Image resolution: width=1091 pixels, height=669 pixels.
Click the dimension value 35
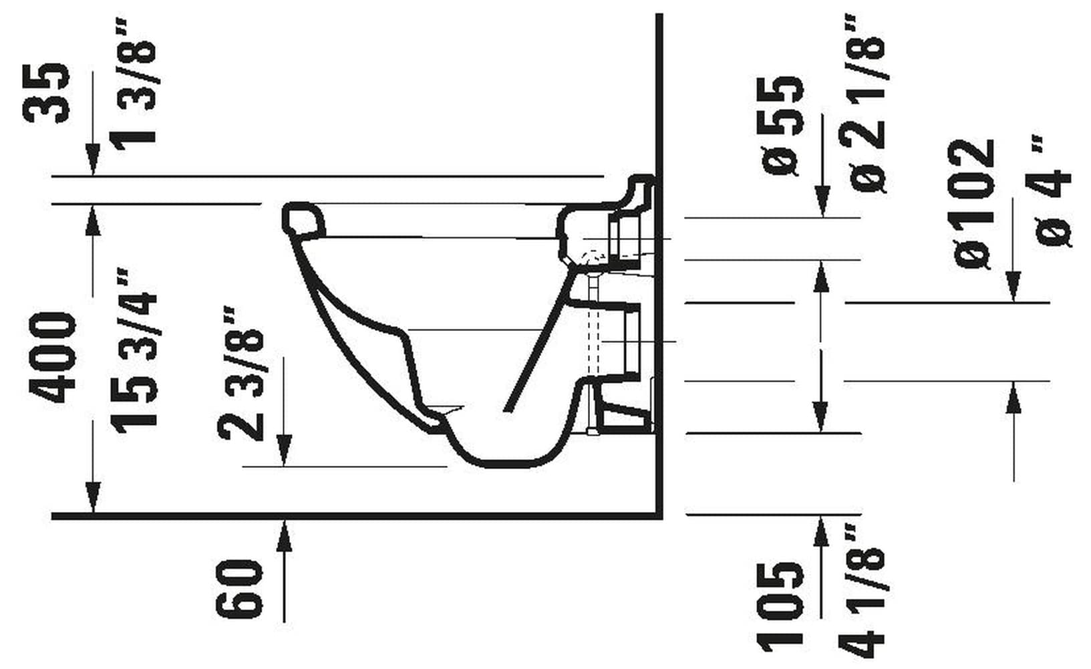click(x=47, y=92)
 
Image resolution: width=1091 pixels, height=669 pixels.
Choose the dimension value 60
click(x=239, y=588)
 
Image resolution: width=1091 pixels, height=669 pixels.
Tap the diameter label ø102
click(x=974, y=204)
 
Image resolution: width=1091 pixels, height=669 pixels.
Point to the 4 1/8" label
click(x=865, y=588)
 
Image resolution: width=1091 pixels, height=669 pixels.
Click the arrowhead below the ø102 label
click(x=1014, y=287)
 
